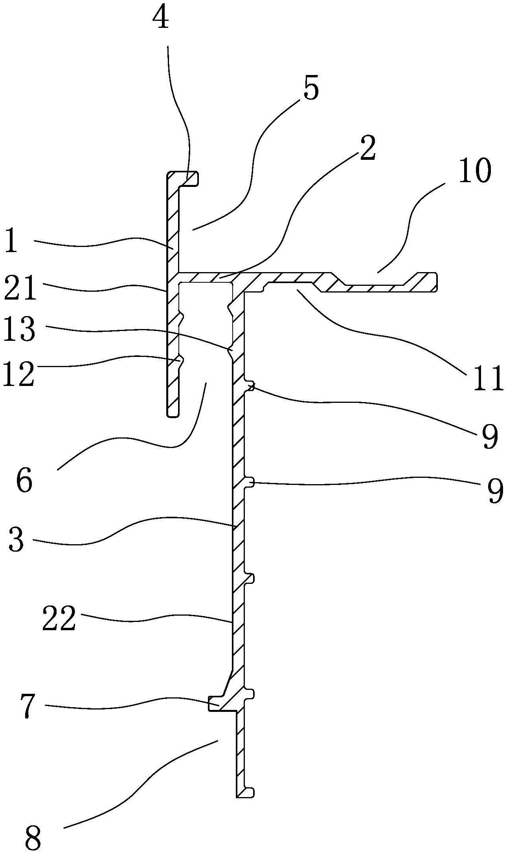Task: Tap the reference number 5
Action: point(310,89)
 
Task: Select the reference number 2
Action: point(366,148)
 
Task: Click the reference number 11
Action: point(488,378)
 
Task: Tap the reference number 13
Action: point(18,328)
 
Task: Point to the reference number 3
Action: point(16,540)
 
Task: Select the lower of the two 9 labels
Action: point(494,491)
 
